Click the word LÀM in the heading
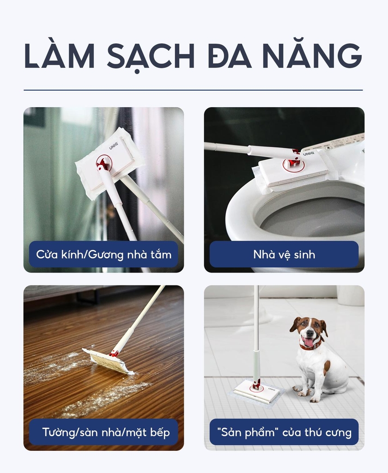coord(59,57)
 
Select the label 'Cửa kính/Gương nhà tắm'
coord(103,255)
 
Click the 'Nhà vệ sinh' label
coord(284,255)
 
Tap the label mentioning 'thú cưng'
coord(284,432)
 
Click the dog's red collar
coord(310,345)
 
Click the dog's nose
coord(309,333)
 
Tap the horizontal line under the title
coord(193,90)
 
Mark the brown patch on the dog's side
coord(327,368)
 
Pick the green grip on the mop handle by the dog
coord(256,365)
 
